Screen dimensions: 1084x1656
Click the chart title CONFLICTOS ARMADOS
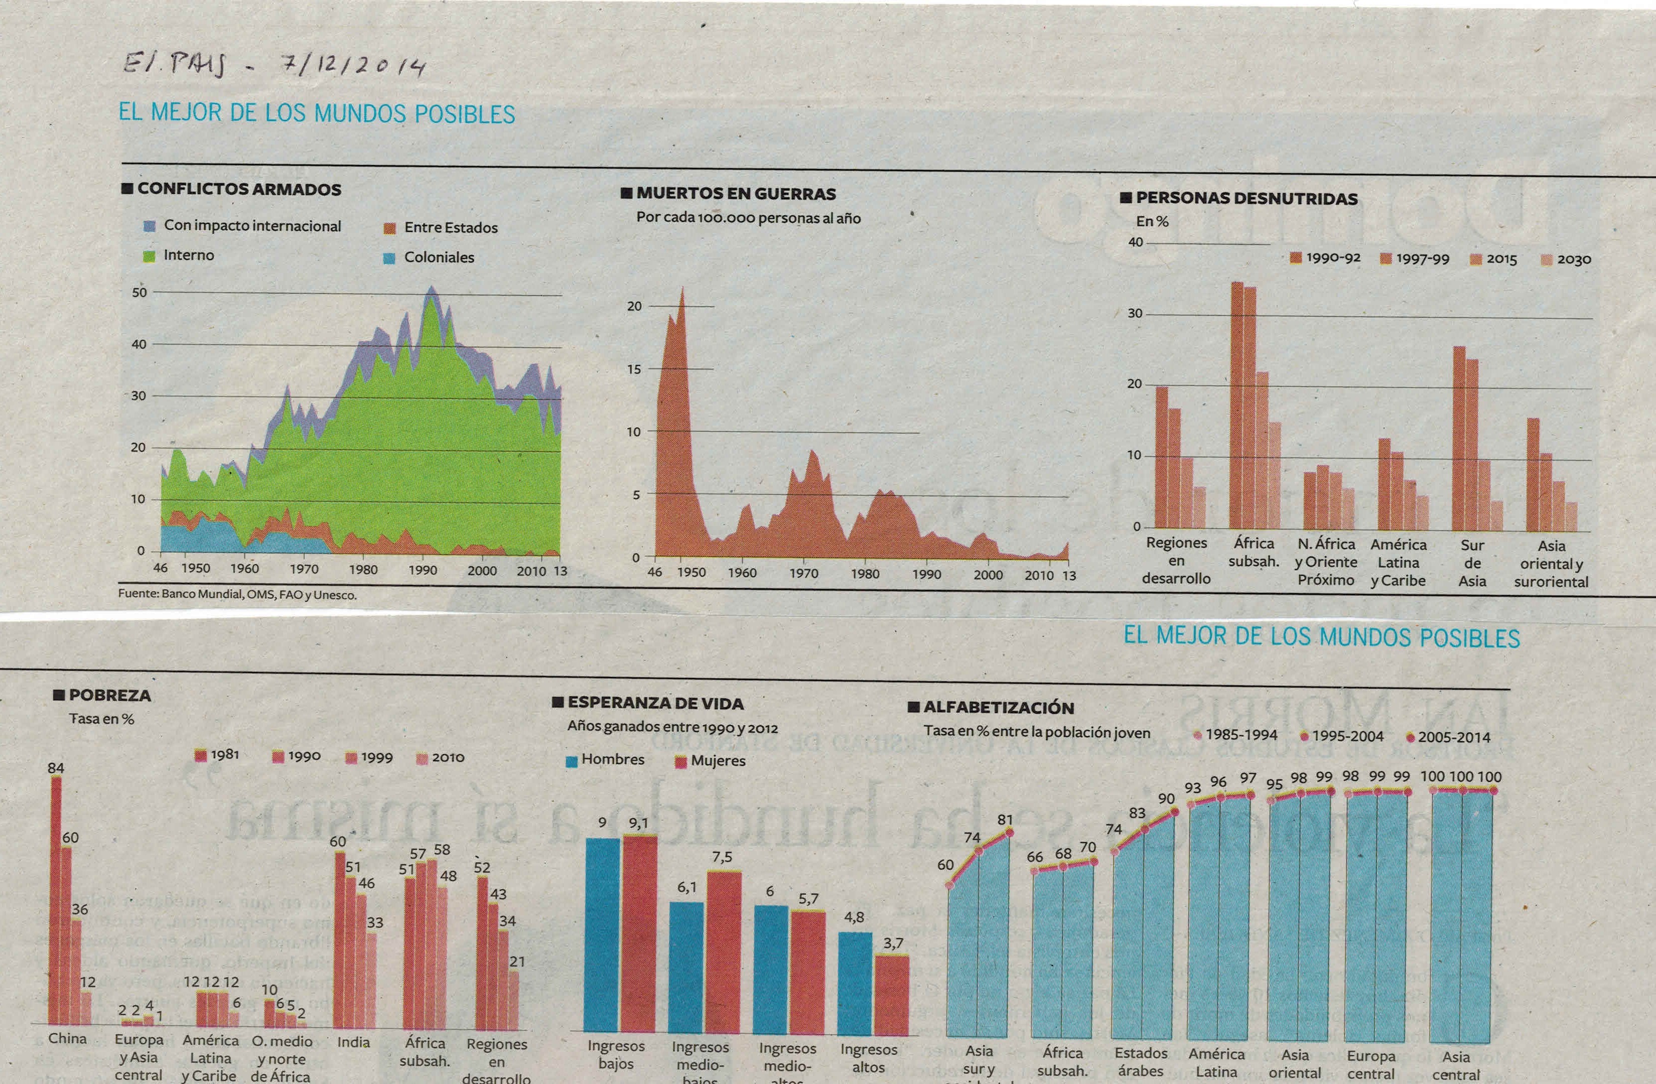[239, 189]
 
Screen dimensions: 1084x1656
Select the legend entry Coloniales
[439, 257]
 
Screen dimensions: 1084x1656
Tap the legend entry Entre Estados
[450, 227]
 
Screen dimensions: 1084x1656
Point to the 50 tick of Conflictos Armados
[139, 292]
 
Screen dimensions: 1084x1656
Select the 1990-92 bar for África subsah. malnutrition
[1236, 405]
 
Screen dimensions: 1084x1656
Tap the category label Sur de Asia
[1472, 563]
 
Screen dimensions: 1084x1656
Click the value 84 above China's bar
[56, 768]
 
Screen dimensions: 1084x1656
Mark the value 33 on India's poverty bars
[375, 922]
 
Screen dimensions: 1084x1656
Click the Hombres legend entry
[612, 759]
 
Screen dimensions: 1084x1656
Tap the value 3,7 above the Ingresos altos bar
[893, 943]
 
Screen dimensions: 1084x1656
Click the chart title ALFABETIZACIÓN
[999, 708]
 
